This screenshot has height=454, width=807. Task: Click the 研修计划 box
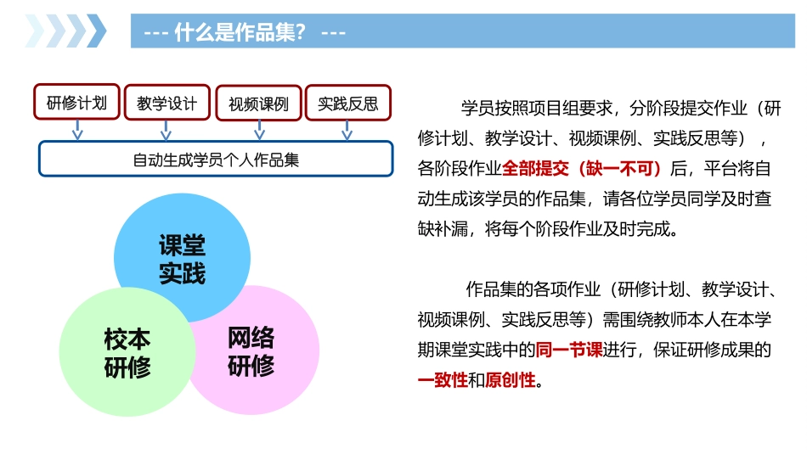pos(76,104)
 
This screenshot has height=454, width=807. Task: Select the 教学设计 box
pos(166,104)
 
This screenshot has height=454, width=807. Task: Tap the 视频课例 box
pos(258,104)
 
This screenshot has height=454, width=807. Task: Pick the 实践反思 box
pos(347,104)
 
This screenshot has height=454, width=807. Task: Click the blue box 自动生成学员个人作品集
pos(216,159)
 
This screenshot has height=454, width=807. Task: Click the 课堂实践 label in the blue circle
pos(183,260)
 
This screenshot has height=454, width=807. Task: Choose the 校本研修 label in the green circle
pos(127,353)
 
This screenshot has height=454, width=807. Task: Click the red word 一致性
pos(443,379)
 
